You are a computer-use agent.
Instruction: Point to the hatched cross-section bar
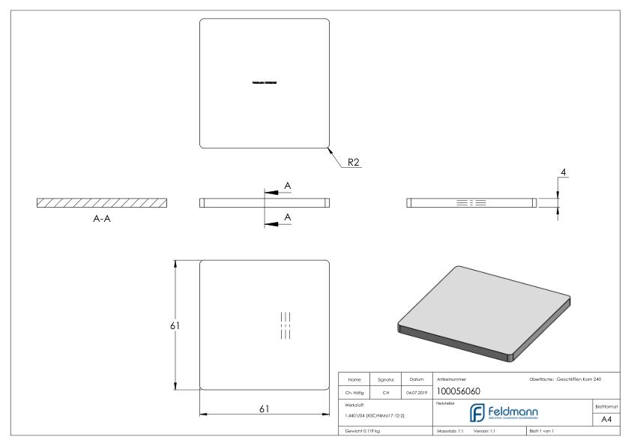(x=102, y=202)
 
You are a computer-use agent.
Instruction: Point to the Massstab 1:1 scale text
(x=450, y=432)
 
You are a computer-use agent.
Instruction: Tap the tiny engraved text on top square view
(x=265, y=82)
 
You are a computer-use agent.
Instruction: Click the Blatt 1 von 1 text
(x=545, y=432)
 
